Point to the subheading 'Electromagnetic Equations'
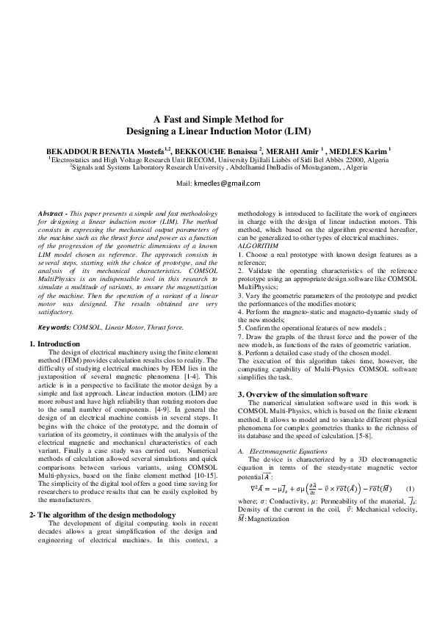point(282,448)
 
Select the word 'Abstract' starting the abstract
point(51,213)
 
